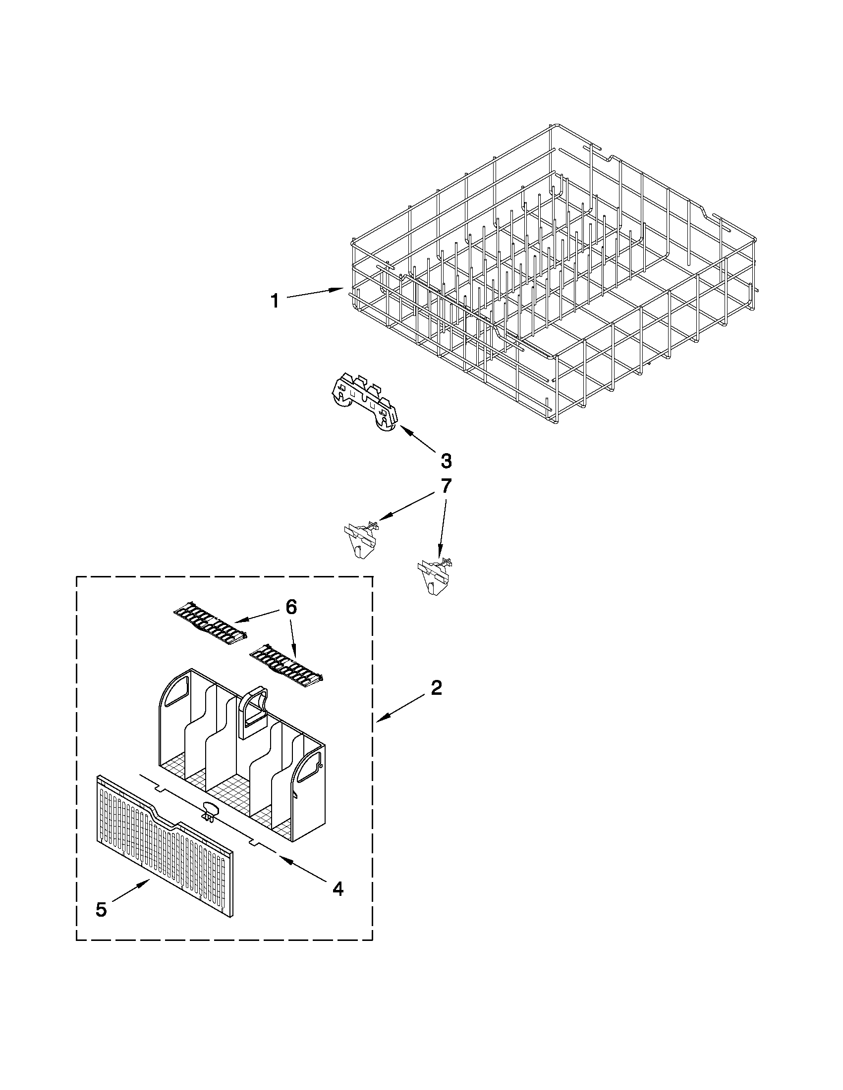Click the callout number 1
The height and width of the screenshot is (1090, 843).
click(x=275, y=301)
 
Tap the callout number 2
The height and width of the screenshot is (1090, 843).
click(x=436, y=689)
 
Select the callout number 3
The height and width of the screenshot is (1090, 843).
click(x=446, y=461)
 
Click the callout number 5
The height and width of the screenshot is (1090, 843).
click(x=101, y=910)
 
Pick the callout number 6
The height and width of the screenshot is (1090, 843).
click(x=291, y=607)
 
